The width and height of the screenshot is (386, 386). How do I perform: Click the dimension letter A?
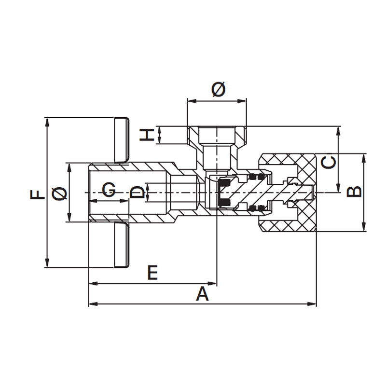(x=202, y=294)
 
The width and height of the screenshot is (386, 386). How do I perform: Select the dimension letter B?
(x=354, y=192)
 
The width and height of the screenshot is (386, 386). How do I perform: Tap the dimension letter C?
(x=329, y=162)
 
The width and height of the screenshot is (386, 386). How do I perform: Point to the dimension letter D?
(x=137, y=192)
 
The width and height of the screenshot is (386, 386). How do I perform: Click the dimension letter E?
(x=152, y=273)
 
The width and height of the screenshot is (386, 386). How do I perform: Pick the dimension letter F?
(x=38, y=194)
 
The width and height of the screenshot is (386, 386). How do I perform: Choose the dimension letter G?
(x=109, y=190)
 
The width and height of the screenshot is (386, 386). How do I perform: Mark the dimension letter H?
(x=147, y=135)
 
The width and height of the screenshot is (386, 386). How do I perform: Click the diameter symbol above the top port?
(x=219, y=89)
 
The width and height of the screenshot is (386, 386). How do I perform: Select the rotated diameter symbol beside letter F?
(x=59, y=193)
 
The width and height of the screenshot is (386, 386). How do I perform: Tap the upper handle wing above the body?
(x=122, y=140)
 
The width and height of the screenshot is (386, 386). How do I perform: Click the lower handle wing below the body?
(x=122, y=245)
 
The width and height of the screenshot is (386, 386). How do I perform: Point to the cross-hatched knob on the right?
(x=288, y=193)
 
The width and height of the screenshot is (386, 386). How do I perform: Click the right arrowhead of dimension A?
(x=313, y=304)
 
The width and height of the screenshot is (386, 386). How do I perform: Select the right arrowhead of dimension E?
(x=213, y=284)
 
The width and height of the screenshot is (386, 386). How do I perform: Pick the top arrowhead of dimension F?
(x=47, y=122)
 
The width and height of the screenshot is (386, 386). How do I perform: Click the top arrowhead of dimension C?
(x=339, y=131)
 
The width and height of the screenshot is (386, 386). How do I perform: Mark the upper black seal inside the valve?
(x=224, y=183)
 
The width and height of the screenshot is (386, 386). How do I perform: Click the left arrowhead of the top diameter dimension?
(x=192, y=101)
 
